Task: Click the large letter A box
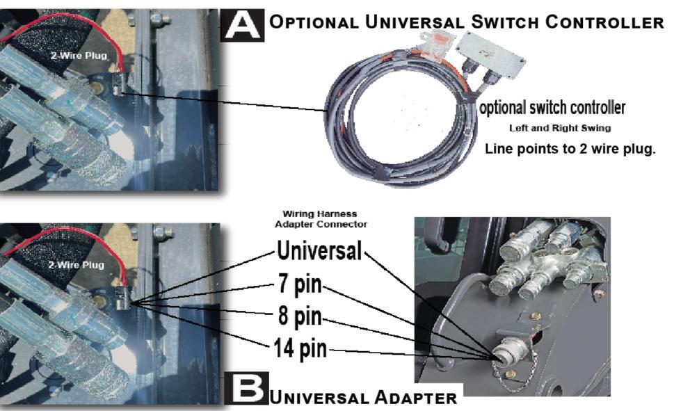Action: (243, 24)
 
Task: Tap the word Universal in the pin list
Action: (319, 250)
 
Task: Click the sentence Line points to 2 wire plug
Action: (570, 148)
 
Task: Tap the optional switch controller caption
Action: (552, 108)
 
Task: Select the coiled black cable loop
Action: (390, 132)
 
